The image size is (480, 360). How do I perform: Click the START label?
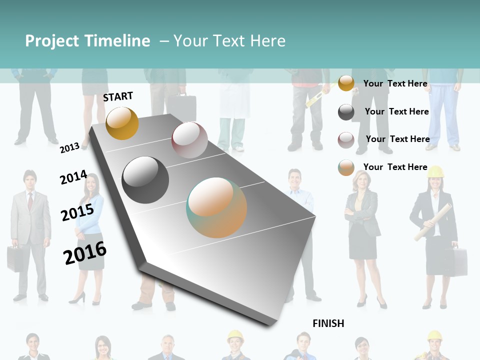point(118,96)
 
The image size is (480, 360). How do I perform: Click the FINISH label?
point(328,323)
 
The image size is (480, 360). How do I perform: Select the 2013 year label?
point(69,147)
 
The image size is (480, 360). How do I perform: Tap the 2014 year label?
point(73,177)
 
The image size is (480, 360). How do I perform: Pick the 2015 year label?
point(77,212)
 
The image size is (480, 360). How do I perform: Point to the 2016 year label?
point(85,253)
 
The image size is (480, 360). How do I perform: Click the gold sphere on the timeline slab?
point(122,123)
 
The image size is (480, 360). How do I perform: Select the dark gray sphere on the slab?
point(145,180)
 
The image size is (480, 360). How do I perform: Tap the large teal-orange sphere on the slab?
point(216,207)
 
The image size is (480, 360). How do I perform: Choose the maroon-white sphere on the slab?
point(189,140)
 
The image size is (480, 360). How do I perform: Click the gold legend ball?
point(346,83)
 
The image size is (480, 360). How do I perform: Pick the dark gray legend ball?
point(346,112)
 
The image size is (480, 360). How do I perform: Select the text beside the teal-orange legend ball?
point(395,167)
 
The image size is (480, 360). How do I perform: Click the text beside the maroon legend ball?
point(397,139)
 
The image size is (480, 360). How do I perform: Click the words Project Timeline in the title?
point(87,41)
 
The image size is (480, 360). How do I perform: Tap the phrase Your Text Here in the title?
point(229,41)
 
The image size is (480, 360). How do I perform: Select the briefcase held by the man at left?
point(14,258)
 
